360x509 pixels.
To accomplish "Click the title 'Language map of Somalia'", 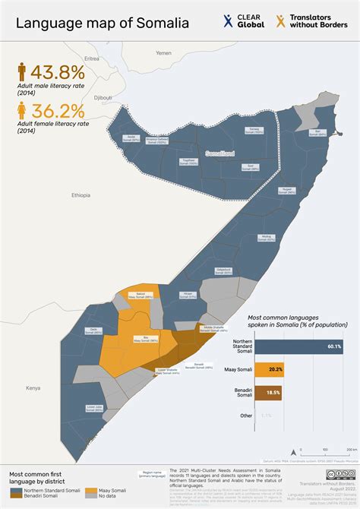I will coord(103,24).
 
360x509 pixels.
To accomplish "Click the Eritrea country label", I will coord(92,58).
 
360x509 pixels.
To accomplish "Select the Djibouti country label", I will coord(103,97).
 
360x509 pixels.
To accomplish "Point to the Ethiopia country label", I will coord(81,195).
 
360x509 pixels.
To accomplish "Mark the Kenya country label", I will coord(33,387).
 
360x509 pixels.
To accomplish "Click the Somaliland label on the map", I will coord(222,154).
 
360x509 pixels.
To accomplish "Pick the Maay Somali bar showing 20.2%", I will coord(270,370).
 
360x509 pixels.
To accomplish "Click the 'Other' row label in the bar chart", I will coord(243,416).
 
